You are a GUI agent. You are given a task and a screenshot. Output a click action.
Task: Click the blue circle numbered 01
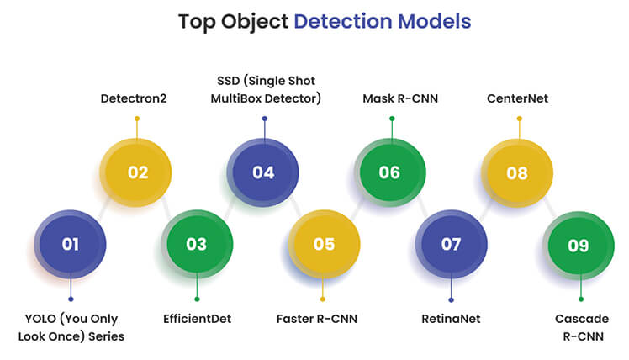coord(70,244)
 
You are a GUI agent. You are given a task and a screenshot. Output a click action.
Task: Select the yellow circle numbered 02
coord(136,172)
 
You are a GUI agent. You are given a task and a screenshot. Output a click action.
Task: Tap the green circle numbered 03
coord(198,244)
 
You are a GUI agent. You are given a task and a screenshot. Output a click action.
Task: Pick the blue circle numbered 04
coord(263,172)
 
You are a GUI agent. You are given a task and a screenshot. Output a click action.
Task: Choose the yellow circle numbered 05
coord(324,244)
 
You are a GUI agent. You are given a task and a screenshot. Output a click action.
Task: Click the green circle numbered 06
coord(390,172)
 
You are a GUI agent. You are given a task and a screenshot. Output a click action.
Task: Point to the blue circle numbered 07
coord(452,244)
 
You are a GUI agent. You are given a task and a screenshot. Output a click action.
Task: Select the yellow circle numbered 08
coord(517,173)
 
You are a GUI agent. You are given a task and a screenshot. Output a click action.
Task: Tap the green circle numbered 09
coord(579,246)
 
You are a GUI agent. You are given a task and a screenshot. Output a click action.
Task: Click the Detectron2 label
coord(134,98)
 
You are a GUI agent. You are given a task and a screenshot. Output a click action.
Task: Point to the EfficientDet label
coord(198,319)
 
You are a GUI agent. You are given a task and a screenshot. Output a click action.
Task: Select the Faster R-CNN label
coord(317,319)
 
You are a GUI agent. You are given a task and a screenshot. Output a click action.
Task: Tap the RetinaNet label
coord(451,319)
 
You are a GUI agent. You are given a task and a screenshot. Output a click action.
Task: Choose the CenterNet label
coord(517,98)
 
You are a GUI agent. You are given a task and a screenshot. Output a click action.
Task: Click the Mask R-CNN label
coord(400,98)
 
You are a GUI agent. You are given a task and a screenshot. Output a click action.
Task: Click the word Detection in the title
coord(342,21)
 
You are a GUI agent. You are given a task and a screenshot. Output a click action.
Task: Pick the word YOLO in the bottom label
coord(40,319)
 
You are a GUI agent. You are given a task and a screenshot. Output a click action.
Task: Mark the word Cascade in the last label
coord(582,319)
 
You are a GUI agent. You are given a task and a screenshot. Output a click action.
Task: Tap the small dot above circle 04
coord(265,119)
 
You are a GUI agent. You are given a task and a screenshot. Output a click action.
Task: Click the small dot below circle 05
coord(323,299)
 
